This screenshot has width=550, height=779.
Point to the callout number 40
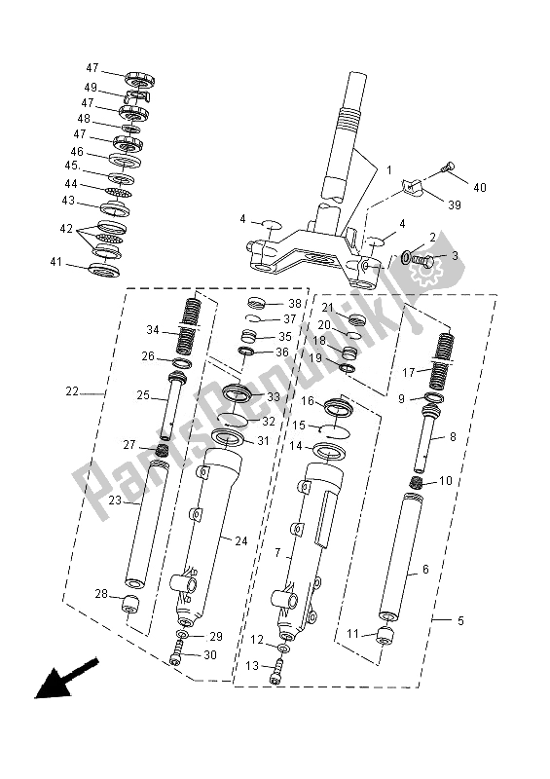pyautogui.click(x=478, y=188)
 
